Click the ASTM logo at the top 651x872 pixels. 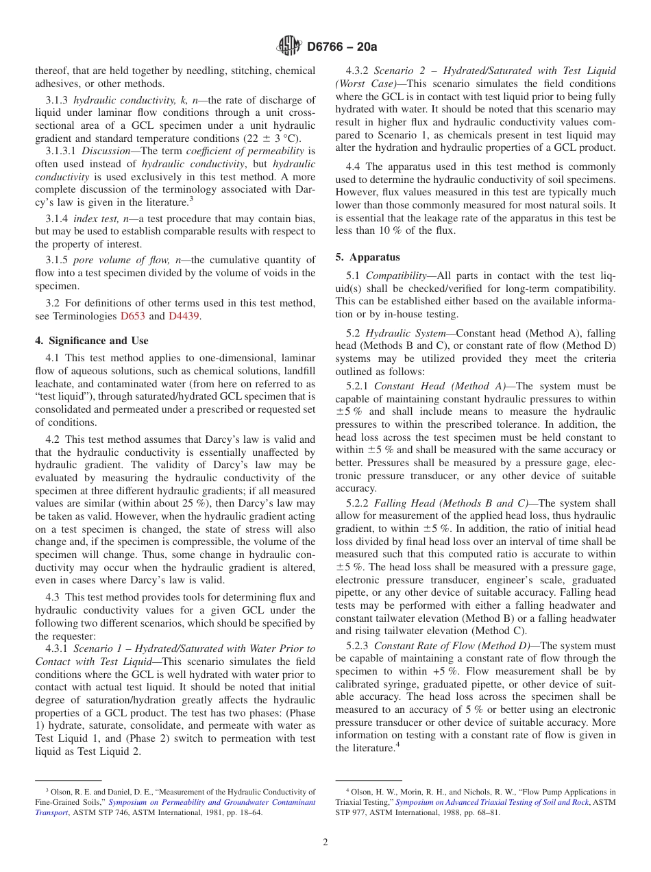[x=288, y=47]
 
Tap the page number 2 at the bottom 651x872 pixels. [x=325, y=843]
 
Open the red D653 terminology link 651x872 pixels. [x=133, y=316]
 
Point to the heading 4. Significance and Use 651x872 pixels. [x=92, y=341]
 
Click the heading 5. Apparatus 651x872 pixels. [x=367, y=257]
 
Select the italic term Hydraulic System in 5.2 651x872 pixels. [x=405, y=333]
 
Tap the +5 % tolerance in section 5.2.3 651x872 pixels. [x=446, y=672]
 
